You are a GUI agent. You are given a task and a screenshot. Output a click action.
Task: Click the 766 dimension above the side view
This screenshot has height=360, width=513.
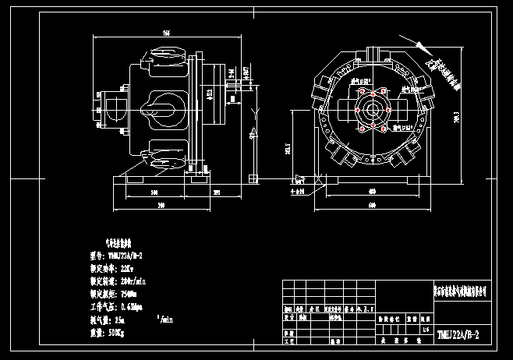pyautogui.click(x=166, y=34)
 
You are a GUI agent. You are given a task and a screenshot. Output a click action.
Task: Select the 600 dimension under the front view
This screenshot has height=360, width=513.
pyautogui.click(x=372, y=206)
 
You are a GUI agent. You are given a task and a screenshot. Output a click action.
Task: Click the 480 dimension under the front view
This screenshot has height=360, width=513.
pyautogui.click(x=372, y=191)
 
